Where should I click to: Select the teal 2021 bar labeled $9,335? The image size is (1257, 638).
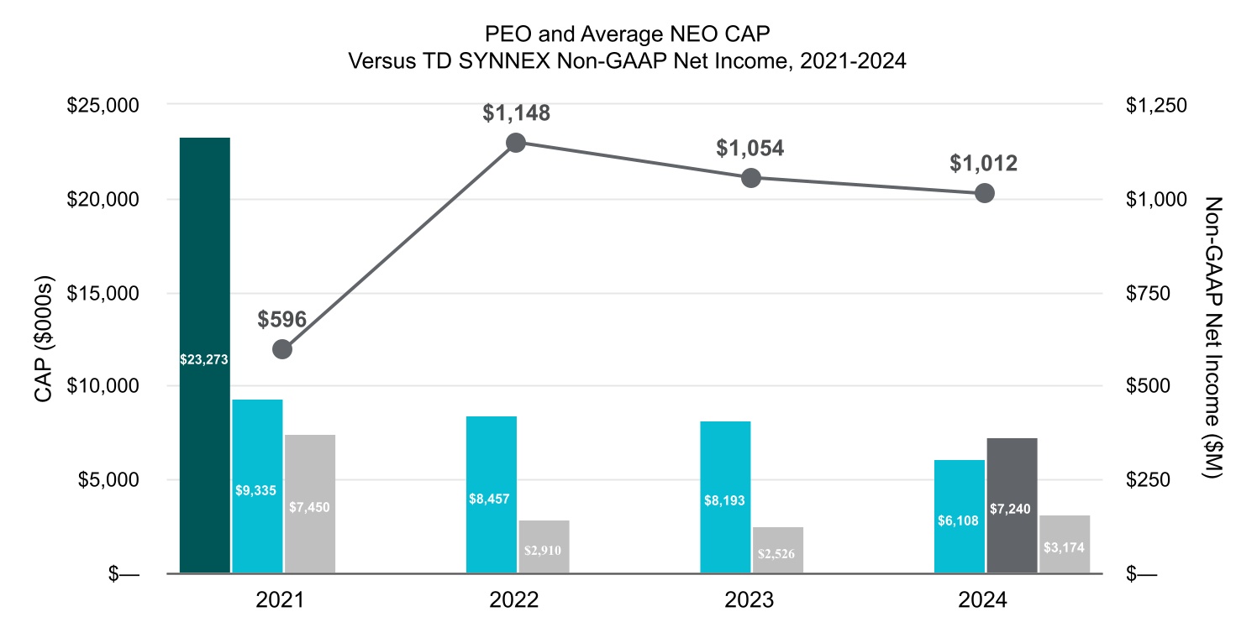(x=257, y=487)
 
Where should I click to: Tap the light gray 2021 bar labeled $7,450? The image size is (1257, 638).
(x=309, y=504)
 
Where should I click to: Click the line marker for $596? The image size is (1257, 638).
(x=282, y=349)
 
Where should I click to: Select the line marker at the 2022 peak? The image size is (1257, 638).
(x=516, y=143)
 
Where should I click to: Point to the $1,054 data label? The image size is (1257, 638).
(x=749, y=149)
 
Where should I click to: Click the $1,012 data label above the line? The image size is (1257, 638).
(x=983, y=164)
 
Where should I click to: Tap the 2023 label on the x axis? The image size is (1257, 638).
(x=750, y=602)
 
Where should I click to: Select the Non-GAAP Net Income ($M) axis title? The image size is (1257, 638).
(x=1212, y=339)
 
